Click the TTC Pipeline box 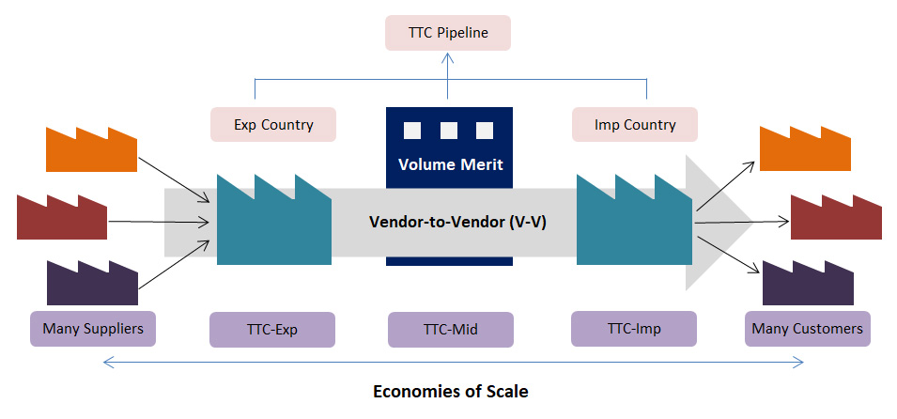[448, 32]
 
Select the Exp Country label [273, 124]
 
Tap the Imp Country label [635, 124]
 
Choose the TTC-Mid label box [450, 330]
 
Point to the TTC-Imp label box [634, 329]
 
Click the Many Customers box [806, 329]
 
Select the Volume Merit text [450, 164]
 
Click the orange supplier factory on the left [91, 150]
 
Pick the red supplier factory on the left [62, 218]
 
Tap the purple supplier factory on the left [92, 285]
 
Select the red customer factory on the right [836, 218]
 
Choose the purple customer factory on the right [807, 285]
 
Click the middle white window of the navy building [449, 130]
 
